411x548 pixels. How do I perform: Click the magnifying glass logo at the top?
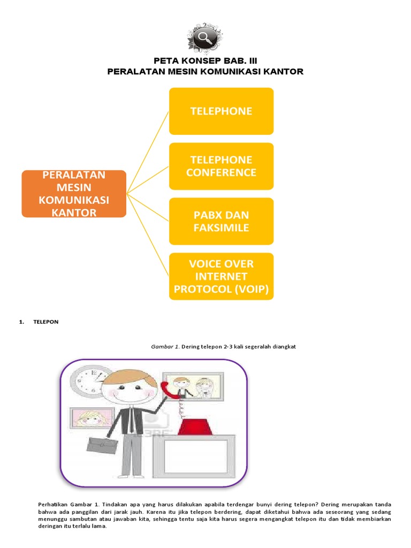(205, 37)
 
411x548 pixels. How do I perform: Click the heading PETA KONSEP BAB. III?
(205, 61)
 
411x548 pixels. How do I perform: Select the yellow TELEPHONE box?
(221, 111)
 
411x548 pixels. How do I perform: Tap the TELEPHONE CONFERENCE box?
(221, 166)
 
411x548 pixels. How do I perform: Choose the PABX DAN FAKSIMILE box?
(221, 221)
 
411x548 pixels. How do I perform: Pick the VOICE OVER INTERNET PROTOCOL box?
(221, 277)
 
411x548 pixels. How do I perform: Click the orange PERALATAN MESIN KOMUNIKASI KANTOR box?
(74, 194)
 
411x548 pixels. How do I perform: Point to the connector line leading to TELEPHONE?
(148, 153)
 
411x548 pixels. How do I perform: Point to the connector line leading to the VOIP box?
(148, 235)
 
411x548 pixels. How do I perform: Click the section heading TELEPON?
(46, 322)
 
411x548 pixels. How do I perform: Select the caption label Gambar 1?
(165, 347)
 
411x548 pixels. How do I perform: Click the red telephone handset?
(169, 391)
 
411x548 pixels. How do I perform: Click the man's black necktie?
(131, 420)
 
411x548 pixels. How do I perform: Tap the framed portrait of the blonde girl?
(92, 418)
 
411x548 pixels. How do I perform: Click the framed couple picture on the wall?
(193, 386)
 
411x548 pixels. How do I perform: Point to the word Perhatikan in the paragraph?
(53, 505)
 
